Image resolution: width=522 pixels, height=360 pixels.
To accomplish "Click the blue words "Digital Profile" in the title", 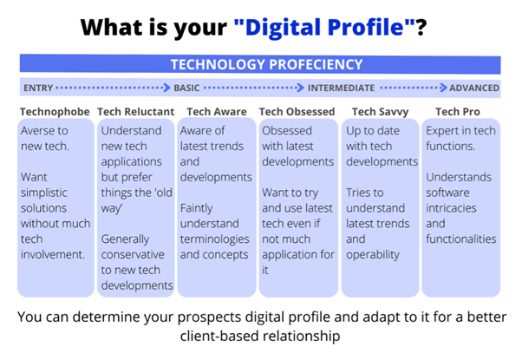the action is [x=324, y=27].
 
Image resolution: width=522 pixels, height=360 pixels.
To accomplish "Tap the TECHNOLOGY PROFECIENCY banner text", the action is [x=267, y=64].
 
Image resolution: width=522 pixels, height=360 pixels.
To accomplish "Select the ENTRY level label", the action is [x=38, y=88].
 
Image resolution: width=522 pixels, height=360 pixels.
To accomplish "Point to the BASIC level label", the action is [x=186, y=88].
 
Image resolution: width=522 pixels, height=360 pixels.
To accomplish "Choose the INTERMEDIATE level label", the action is [x=341, y=88].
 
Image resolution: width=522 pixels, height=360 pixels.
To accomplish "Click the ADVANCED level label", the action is [x=474, y=88].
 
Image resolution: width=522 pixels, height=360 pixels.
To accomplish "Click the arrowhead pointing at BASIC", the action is [x=166, y=88].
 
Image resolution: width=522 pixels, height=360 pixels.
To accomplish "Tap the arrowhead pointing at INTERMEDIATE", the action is [x=301, y=88].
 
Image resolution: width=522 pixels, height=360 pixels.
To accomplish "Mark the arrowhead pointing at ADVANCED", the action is [x=443, y=88].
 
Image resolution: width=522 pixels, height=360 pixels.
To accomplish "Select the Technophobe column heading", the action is [x=55, y=112].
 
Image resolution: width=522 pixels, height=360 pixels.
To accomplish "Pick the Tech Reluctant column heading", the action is [x=136, y=112].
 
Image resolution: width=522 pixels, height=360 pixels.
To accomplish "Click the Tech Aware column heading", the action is [x=217, y=112].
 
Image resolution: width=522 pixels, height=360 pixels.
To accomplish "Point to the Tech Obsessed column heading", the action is [x=297, y=112].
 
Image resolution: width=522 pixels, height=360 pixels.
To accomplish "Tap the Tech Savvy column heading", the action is [x=380, y=112].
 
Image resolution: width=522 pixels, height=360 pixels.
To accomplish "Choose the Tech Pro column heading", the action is [x=458, y=112].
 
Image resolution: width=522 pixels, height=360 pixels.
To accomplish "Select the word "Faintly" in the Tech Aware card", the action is [x=197, y=208].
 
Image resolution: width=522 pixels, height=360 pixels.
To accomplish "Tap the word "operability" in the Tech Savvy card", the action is [x=373, y=255].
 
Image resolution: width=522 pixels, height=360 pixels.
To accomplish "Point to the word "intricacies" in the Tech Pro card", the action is [x=451, y=208].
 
